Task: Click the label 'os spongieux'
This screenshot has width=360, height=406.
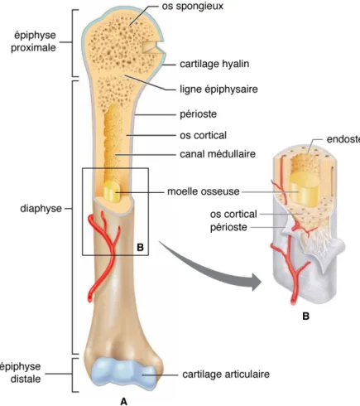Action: pos(192,7)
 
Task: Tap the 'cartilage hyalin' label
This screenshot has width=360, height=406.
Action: pos(214,64)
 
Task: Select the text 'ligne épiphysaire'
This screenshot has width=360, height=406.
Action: pos(218,89)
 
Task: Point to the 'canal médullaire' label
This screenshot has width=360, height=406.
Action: pos(218,154)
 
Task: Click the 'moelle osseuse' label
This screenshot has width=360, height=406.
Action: pos(204,191)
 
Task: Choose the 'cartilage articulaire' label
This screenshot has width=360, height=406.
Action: pos(226,375)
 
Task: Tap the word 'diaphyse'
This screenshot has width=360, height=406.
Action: pos(41,209)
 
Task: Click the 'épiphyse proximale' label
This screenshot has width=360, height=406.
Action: pos(33,41)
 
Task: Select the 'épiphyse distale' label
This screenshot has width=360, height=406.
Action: pos(21,373)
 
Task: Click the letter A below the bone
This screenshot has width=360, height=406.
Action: pos(123,401)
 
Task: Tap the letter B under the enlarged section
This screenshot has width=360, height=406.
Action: pos(305,316)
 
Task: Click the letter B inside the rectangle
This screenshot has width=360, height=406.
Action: pos(140,247)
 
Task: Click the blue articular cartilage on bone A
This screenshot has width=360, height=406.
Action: pos(123,373)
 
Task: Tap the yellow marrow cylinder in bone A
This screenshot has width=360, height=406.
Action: pos(112,191)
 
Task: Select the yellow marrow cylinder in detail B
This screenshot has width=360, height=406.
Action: pos(305,189)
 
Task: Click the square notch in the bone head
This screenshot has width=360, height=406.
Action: pos(151,47)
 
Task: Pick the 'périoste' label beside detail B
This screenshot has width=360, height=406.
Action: pos(228,227)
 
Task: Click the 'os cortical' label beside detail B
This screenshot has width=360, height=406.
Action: pos(233,214)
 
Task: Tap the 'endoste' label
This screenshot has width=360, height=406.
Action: pos(343,139)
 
